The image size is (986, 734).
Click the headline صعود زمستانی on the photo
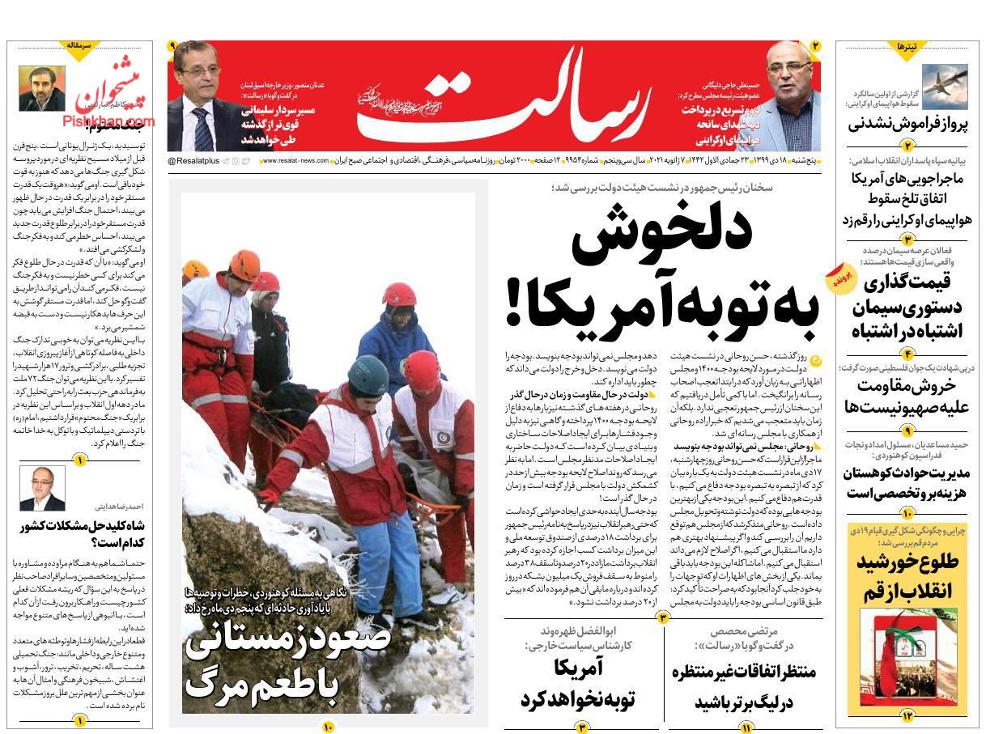pyautogui.click(x=288, y=639)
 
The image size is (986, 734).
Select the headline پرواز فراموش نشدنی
pyautogui.click(x=907, y=125)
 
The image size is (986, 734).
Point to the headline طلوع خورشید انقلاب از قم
pyautogui.click(x=907, y=576)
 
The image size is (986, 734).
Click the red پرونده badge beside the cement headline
pyautogui.click(x=839, y=278)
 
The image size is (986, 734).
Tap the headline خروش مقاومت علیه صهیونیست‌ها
pyautogui.click(x=907, y=397)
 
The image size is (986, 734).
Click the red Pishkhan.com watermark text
pyautogui.click(x=107, y=121)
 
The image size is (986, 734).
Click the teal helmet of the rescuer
pyautogui.click(x=369, y=371)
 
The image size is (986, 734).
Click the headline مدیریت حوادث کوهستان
pyautogui.click(x=907, y=483)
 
